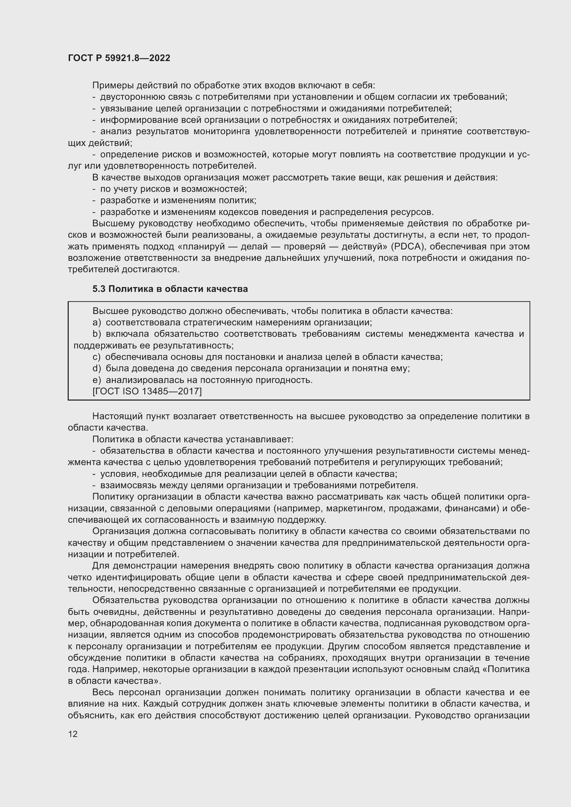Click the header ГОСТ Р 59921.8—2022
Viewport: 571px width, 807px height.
coord(119,58)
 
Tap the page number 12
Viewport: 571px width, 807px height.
coord(73,734)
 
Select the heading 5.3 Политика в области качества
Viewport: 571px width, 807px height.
coord(170,289)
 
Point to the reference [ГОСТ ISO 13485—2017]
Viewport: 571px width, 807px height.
coord(147,391)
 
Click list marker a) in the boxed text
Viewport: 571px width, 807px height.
coord(97,322)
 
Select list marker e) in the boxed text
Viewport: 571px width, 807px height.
coord(97,380)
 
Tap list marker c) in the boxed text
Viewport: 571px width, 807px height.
coord(96,357)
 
